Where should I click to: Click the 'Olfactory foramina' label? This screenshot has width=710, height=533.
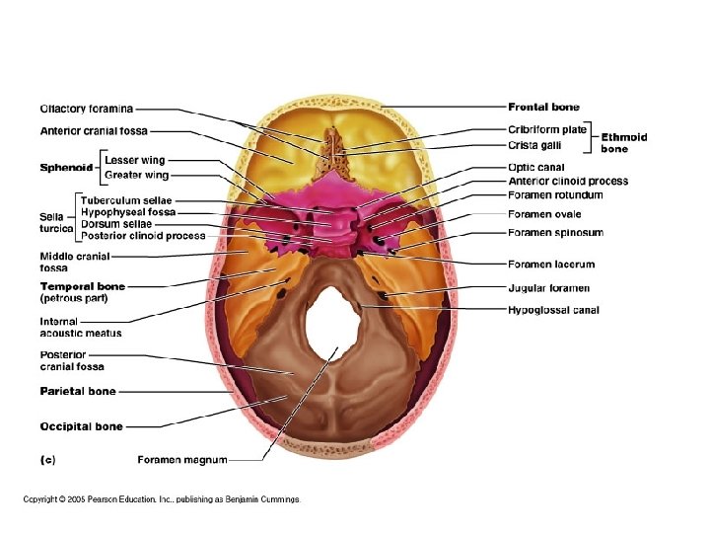pos(86,108)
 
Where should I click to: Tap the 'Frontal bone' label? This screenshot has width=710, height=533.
pos(543,107)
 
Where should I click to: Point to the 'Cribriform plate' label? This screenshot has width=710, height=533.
pos(547,129)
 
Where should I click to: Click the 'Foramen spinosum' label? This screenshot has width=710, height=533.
pos(556,233)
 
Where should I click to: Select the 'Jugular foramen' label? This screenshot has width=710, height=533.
pos(548,288)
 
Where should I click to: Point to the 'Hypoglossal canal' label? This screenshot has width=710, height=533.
pos(553,310)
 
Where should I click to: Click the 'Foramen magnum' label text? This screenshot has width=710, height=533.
pos(181,459)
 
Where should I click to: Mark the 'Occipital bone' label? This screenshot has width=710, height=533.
pos(81,427)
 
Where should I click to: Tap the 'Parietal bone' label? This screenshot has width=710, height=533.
pos(77,392)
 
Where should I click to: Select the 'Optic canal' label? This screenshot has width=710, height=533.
pos(536,168)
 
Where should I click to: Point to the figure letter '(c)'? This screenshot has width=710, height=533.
pos(46,459)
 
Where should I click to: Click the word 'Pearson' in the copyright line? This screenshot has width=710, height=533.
pos(109,499)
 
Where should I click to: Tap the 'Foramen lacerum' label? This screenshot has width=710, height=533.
pos(551,265)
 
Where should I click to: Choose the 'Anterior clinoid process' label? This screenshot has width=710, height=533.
pos(568,182)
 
